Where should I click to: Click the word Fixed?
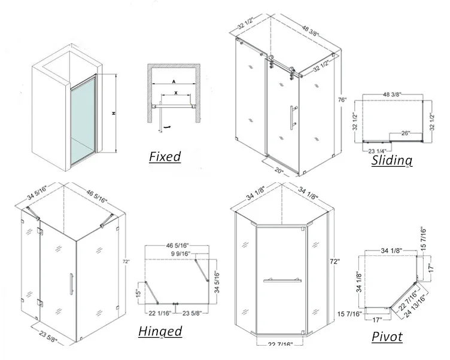(x=165, y=157)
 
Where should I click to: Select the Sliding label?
(x=392, y=160)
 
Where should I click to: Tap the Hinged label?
(x=160, y=331)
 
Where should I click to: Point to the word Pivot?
(x=387, y=337)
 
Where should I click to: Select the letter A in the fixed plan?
(x=173, y=80)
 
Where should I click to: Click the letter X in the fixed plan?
(x=175, y=93)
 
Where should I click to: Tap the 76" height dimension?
(x=342, y=100)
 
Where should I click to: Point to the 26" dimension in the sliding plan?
(x=406, y=133)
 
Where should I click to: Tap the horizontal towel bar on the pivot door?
(x=281, y=279)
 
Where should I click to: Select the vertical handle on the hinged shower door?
(x=71, y=282)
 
